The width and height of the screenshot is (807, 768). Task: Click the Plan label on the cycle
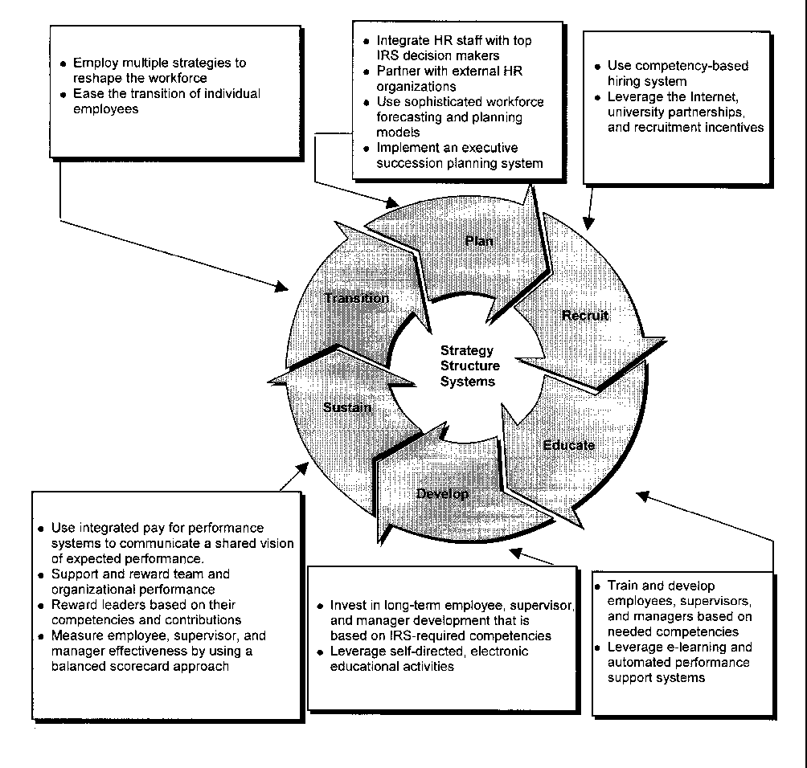(x=479, y=240)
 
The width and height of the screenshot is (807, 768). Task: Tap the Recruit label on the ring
(x=585, y=315)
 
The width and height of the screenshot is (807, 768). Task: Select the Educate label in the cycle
(x=568, y=444)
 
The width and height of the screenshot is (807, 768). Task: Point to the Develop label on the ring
(x=443, y=493)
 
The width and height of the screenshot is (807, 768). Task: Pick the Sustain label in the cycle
(x=347, y=407)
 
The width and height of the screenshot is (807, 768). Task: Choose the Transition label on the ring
(x=356, y=298)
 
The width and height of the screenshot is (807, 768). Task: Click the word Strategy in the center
(x=467, y=351)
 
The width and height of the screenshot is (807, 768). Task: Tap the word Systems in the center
(x=468, y=382)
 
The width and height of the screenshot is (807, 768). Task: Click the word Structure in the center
(x=470, y=366)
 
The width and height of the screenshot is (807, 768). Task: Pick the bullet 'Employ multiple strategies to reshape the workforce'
(x=158, y=71)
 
